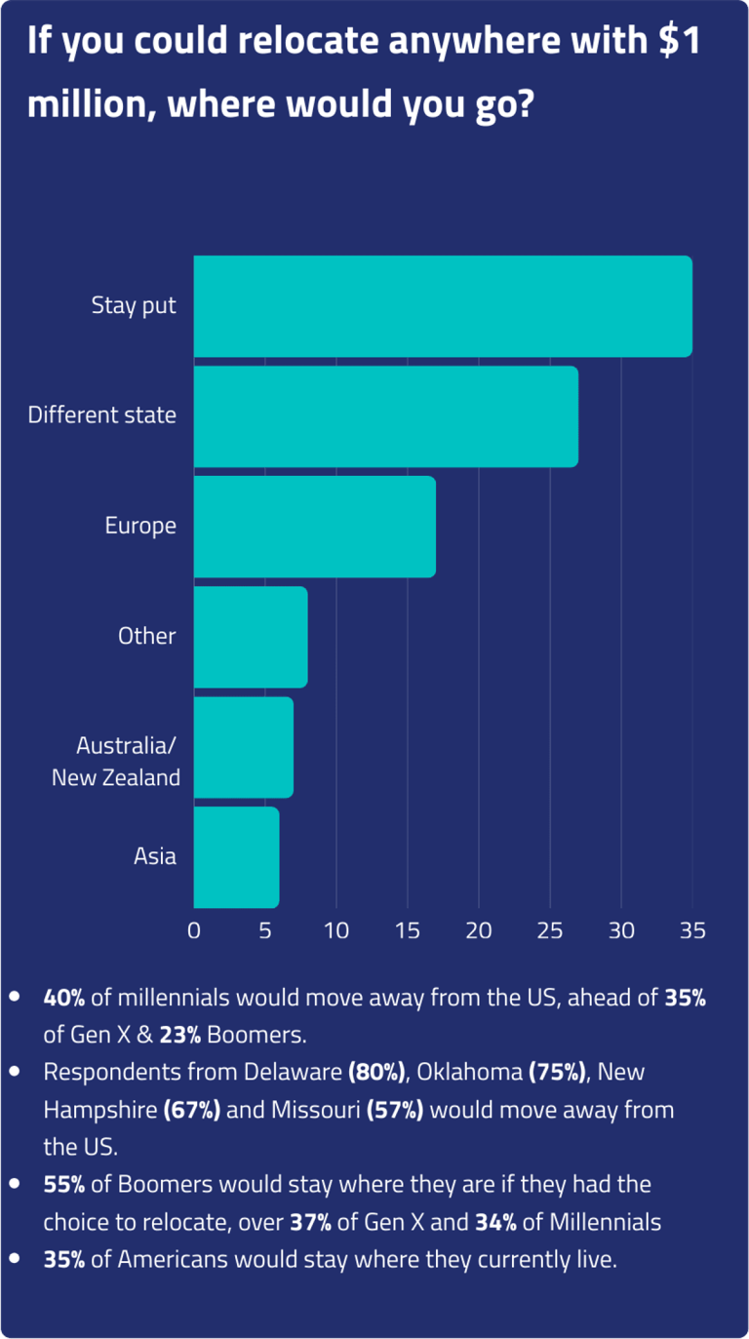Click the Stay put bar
click(x=443, y=306)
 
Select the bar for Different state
click(x=386, y=416)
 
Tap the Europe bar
click(x=314, y=527)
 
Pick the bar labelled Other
click(x=251, y=637)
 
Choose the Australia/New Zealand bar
click(x=244, y=747)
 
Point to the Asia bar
click(x=236, y=857)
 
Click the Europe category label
click(x=140, y=526)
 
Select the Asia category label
click(x=155, y=856)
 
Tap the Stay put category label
click(x=134, y=305)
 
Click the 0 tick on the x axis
click(x=194, y=930)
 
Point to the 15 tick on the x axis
click(x=408, y=930)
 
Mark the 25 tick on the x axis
click(x=550, y=930)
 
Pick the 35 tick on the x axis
click(x=692, y=930)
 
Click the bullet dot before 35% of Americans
click(x=15, y=1259)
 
